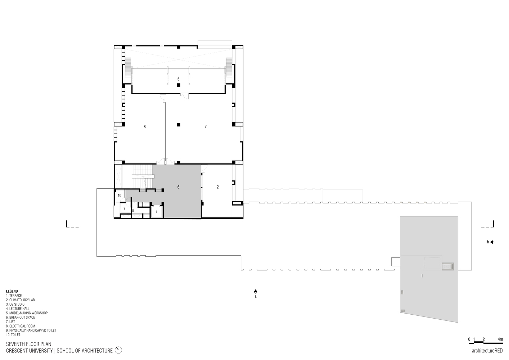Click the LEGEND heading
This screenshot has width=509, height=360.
pos(12,291)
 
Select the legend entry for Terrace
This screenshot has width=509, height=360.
pos(14,296)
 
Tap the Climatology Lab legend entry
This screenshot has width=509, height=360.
pos(21,300)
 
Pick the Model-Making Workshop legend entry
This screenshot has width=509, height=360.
pos(27,313)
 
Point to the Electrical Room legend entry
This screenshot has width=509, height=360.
pos(21,326)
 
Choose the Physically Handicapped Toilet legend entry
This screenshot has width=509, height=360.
pos(31,330)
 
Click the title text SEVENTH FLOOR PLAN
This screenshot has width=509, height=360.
pos(29,345)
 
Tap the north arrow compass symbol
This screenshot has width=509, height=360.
pos(119,350)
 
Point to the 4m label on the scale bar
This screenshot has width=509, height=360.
pos(500,339)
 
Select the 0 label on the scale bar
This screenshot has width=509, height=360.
pos(469,339)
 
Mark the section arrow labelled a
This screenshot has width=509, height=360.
pos(256,291)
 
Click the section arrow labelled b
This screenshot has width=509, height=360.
pos(492,242)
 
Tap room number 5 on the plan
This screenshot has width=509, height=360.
pos(178,79)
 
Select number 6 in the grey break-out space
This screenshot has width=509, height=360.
pos(178,187)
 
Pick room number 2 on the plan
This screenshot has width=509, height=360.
pos(218,187)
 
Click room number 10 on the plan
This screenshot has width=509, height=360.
pos(120,195)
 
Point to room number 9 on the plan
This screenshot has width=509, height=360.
pos(125,208)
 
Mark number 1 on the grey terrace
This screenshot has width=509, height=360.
pos(422,276)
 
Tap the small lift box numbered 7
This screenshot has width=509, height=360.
pos(157,211)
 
